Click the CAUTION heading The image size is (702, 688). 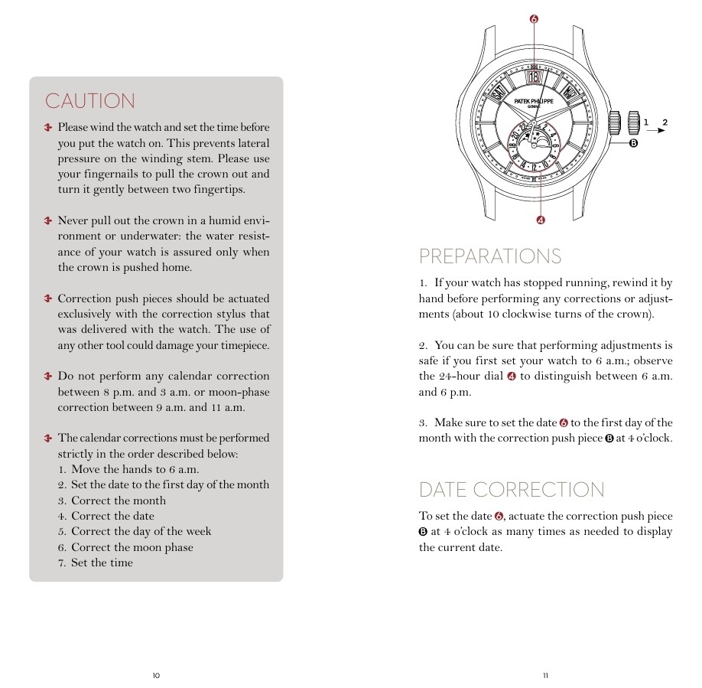[x=89, y=101]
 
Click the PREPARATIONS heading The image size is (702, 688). [x=489, y=256]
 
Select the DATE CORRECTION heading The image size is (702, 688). [x=512, y=490]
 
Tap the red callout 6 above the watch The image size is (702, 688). [x=533, y=18]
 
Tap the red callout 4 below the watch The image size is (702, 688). [x=541, y=220]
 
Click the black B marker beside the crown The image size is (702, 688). [x=633, y=143]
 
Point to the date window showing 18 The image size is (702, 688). [x=533, y=77]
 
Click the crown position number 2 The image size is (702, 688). [x=665, y=122]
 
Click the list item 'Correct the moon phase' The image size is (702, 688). [x=132, y=547]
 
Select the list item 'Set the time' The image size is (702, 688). [x=102, y=562]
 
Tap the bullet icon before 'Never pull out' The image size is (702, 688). [x=48, y=220]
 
